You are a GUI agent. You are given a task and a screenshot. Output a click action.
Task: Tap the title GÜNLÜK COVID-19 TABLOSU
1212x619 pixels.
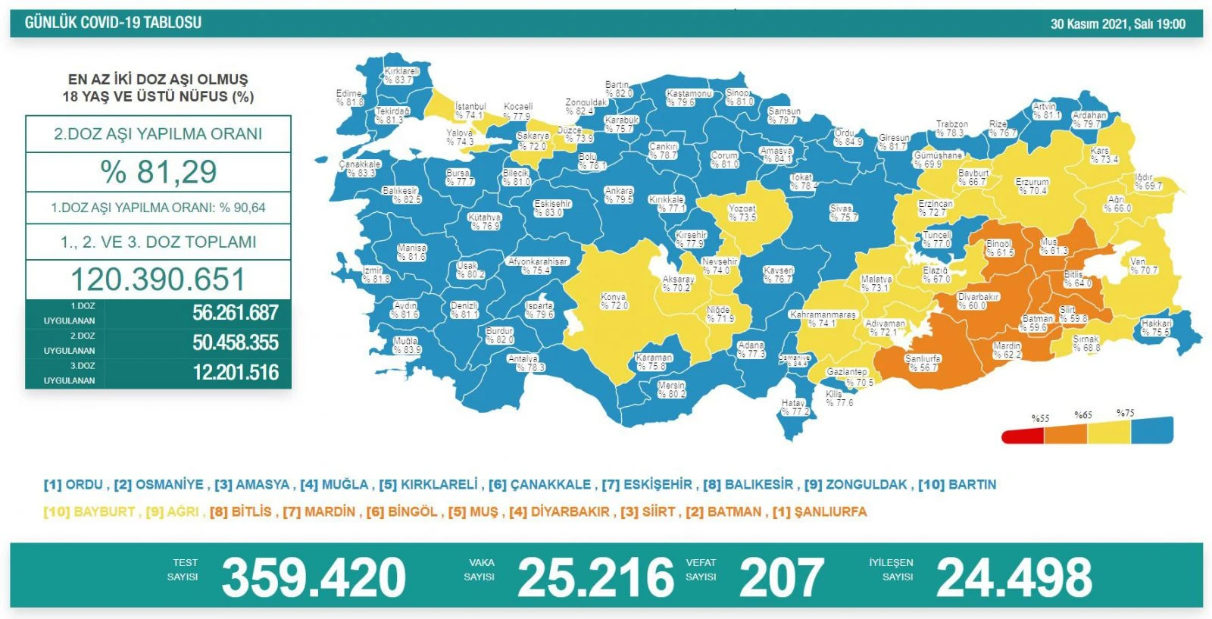[113, 23]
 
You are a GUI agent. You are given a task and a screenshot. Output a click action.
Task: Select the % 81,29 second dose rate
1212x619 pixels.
[158, 172]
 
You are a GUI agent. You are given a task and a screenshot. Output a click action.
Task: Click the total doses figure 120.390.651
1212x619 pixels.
[158, 280]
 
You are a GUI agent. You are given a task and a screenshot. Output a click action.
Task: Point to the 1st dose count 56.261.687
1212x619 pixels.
[235, 313]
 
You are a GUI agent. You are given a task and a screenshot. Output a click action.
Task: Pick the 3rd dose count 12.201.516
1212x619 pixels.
[235, 373]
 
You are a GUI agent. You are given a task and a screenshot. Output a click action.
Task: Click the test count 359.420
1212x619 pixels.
[314, 578]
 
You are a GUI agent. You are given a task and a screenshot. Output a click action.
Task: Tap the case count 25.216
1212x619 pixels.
[595, 578]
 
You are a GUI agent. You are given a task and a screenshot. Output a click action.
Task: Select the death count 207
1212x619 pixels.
[781, 578]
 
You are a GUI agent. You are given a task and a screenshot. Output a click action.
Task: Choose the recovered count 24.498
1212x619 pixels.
[1014, 578]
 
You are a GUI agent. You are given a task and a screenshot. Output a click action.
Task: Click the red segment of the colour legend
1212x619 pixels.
[1023, 436]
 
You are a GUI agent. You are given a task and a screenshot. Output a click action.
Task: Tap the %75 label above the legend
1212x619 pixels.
[1125, 413]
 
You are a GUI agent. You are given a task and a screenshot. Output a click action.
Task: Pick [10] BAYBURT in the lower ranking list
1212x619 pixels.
[89, 512]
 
